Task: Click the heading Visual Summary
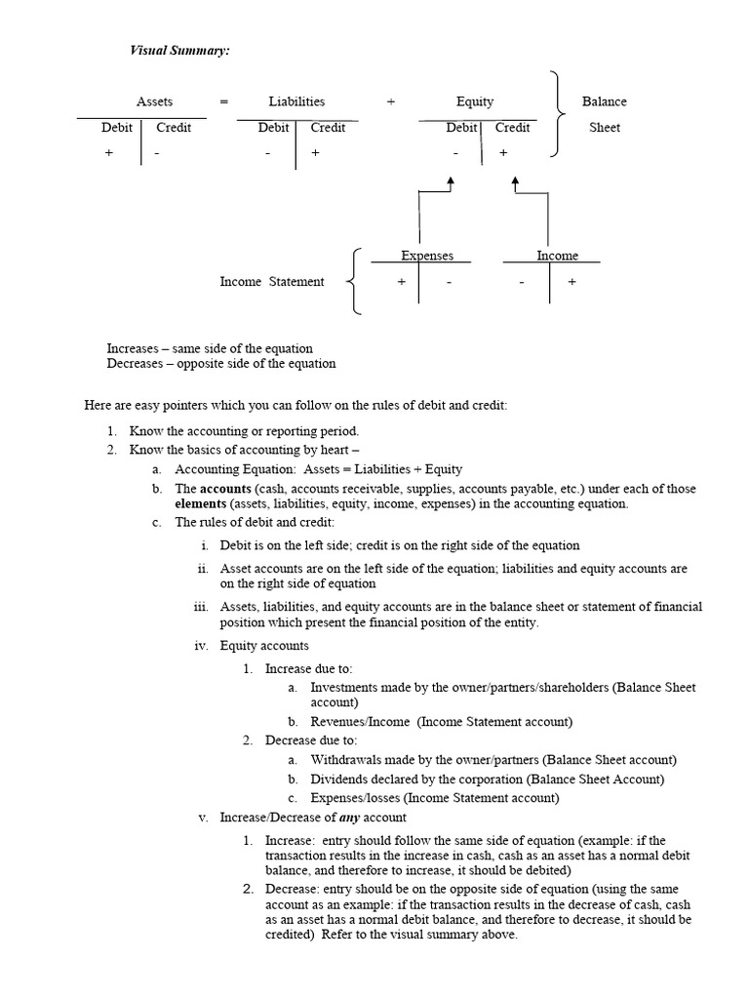coord(180,50)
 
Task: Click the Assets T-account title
coord(154,101)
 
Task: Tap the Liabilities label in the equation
coord(297,101)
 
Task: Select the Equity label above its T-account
coord(475,101)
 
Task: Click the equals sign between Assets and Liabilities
coord(224,101)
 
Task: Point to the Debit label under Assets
coord(117,128)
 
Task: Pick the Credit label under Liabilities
coord(329,128)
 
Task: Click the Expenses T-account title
coord(427,256)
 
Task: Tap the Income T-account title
coord(557,256)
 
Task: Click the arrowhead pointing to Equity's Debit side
coord(451,181)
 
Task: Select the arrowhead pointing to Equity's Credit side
coord(515,181)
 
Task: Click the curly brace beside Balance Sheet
coord(557,113)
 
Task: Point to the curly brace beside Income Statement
coord(356,281)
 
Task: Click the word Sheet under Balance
coord(605,128)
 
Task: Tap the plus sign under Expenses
coord(401,282)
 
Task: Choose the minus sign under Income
coord(522,282)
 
